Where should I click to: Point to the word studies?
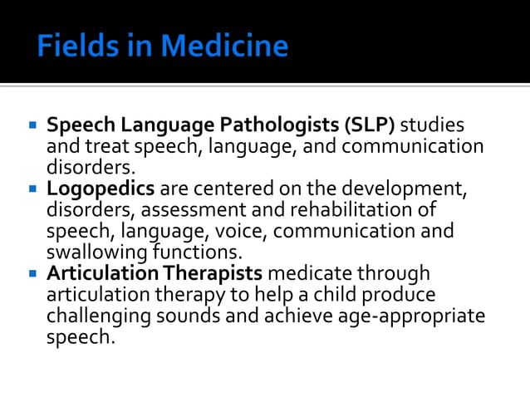433,126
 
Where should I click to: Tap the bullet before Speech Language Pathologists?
32,126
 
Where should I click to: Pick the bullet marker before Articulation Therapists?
32,273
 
